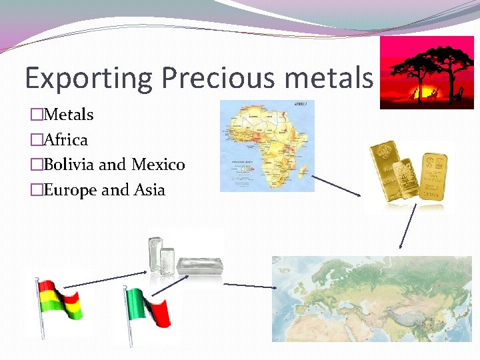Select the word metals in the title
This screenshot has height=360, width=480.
[x=328, y=78]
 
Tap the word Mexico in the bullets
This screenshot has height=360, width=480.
[x=158, y=165]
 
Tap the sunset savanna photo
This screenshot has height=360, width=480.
[x=427, y=73]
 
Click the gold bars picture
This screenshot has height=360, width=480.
[x=409, y=174]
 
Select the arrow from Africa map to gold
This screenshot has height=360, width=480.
[x=337, y=185]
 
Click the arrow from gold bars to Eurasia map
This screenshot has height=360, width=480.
[x=407, y=227]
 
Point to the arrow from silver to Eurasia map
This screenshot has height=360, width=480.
[x=250, y=285]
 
